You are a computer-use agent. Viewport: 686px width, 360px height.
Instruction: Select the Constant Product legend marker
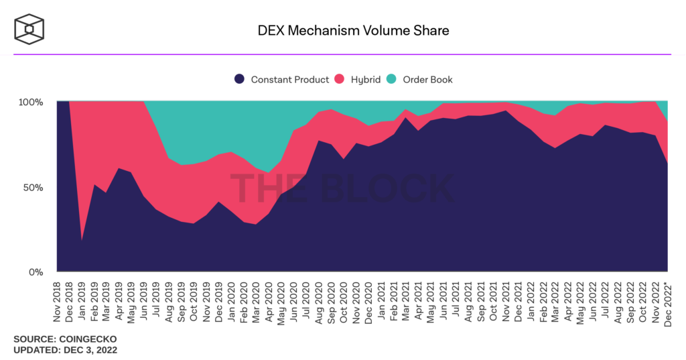(239, 79)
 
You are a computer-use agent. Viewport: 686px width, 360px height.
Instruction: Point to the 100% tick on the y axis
(31, 102)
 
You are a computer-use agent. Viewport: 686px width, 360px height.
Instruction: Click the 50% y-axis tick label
(33, 187)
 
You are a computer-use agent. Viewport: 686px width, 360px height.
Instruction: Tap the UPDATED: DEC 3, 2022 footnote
(66, 350)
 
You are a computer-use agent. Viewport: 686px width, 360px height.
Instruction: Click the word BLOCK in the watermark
(387, 188)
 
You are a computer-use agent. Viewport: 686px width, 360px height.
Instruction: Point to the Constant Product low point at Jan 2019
(82, 239)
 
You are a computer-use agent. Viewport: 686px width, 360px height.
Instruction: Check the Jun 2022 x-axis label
(592, 300)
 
